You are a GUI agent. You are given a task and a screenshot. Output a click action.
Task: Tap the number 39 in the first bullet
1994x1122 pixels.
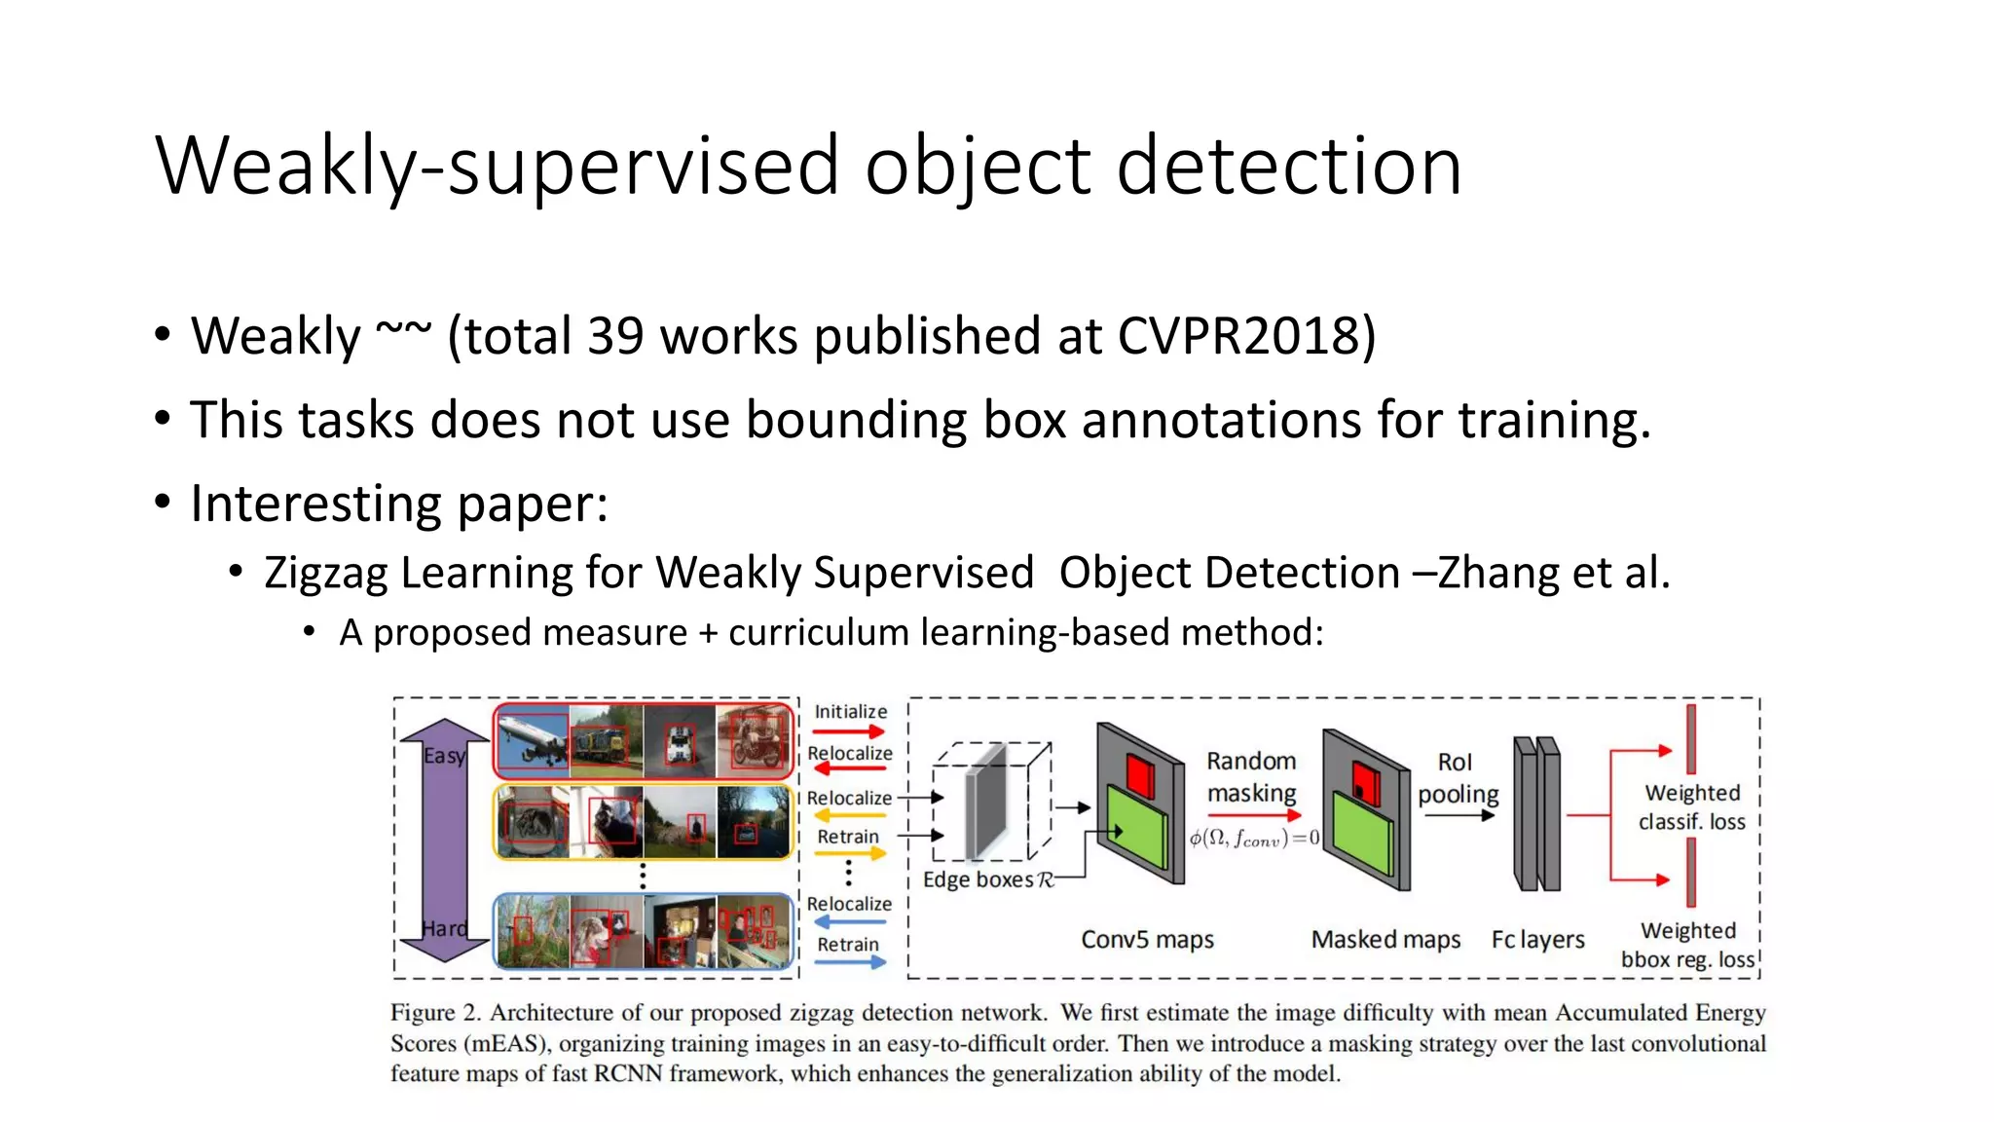pyautogui.click(x=615, y=336)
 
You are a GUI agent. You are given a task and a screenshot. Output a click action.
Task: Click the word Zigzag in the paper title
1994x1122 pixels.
pyautogui.click(x=326, y=573)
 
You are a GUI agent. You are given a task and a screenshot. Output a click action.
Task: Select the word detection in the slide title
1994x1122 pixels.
pyautogui.click(x=1288, y=166)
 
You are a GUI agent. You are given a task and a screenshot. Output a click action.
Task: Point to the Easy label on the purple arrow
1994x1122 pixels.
pyautogui.click(x=444, y=756)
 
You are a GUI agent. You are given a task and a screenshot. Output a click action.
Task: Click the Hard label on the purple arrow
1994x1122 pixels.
pyautogui.click(x=444, y=929)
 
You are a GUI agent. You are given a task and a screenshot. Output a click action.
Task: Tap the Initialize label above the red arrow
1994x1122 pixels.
pyautogui.click(x=850, y=712)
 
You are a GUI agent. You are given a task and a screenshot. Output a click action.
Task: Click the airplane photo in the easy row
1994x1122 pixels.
pyautogui.click(x=533, y=741)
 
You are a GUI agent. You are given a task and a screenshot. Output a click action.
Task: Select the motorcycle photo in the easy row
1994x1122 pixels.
pyautogui.click(x=755, y=741)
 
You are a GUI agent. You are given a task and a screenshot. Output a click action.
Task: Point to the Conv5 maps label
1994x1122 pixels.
pyautogui.click(x=1147, y=940)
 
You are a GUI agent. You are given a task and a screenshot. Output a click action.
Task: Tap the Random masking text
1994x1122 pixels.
pyautogui.click(x=1251, y=776)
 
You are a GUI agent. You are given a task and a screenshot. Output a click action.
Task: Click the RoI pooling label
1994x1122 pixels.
pyautogui.click(x=1457, y=777)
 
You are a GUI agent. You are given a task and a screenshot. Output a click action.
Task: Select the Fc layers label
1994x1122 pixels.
pyautogui.click(x=1537, y=940)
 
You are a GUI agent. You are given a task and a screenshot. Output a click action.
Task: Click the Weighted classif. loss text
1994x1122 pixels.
pyautogui.click(x=1692, y=806)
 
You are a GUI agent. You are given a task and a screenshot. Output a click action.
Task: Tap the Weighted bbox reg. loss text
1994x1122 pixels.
pyautogui.click(x=1688, y=945)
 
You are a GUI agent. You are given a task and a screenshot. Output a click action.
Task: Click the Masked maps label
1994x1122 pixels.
pyautogui.click(x=1385, y=940)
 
